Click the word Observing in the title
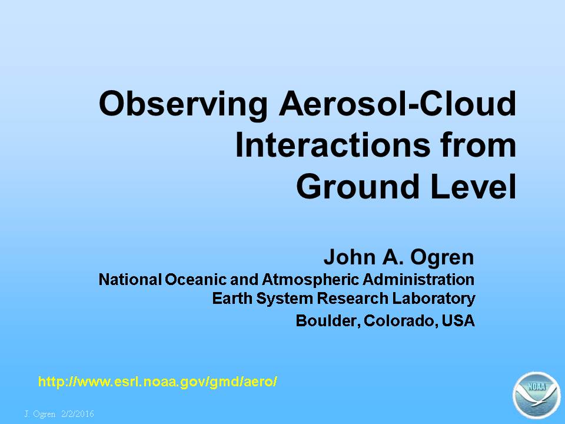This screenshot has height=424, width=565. click(183, 105)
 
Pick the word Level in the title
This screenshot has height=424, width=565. click(473, 186)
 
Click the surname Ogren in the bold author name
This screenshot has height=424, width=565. click(442, 258)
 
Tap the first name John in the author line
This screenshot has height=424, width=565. click(350, 257)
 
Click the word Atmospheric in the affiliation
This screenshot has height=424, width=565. click(310, 280)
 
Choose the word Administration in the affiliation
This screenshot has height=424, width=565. click(418, 279)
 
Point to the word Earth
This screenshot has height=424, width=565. click(232, 298)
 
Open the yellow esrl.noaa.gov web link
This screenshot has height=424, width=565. click(158, 382)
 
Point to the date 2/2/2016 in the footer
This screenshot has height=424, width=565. click(78, 413)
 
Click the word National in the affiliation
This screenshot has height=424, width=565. click(130, 279)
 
